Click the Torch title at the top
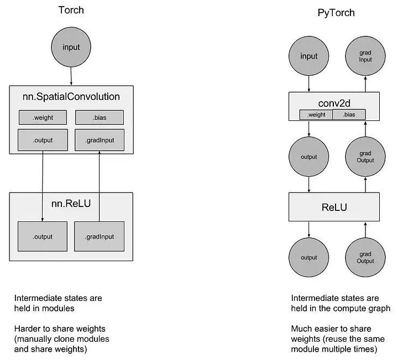71,10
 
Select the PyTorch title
336,13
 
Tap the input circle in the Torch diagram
71,47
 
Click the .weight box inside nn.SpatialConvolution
43,118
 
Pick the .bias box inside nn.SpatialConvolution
99,118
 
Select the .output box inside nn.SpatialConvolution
43,140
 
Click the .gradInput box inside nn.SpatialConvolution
99,140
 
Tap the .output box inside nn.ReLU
43,236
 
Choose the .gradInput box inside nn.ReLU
99,236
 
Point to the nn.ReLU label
71,203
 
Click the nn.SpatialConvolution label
71,97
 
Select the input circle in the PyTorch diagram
308,56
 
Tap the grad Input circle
365,56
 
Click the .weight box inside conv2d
316,115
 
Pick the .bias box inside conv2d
349,115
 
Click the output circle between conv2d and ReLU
308,157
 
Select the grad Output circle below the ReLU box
365,257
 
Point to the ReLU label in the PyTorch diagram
334,208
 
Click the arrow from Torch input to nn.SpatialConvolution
71,76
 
